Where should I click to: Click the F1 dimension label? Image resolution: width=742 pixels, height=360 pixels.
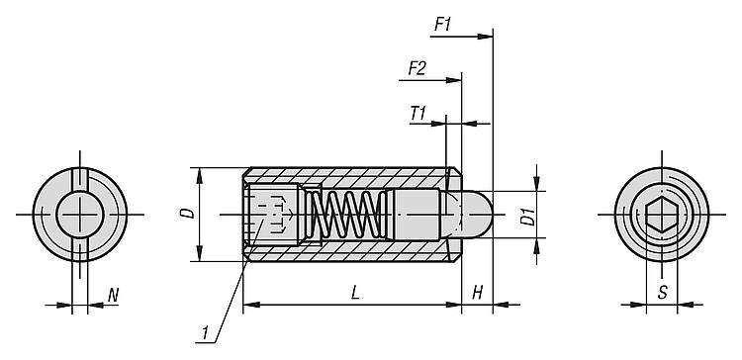coord(443,25)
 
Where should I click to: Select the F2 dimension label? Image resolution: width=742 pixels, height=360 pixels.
coord(417,69)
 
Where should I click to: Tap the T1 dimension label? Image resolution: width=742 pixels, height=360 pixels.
coord(418,114)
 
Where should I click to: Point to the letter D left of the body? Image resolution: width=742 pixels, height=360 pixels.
coord(189,213)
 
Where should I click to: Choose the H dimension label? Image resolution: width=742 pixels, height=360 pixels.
coord(478,294)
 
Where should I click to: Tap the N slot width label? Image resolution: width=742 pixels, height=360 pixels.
coord(113,296)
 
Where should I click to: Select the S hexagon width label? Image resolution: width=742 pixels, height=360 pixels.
coord(663,293)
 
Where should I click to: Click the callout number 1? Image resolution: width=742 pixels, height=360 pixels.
coord(206,332)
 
